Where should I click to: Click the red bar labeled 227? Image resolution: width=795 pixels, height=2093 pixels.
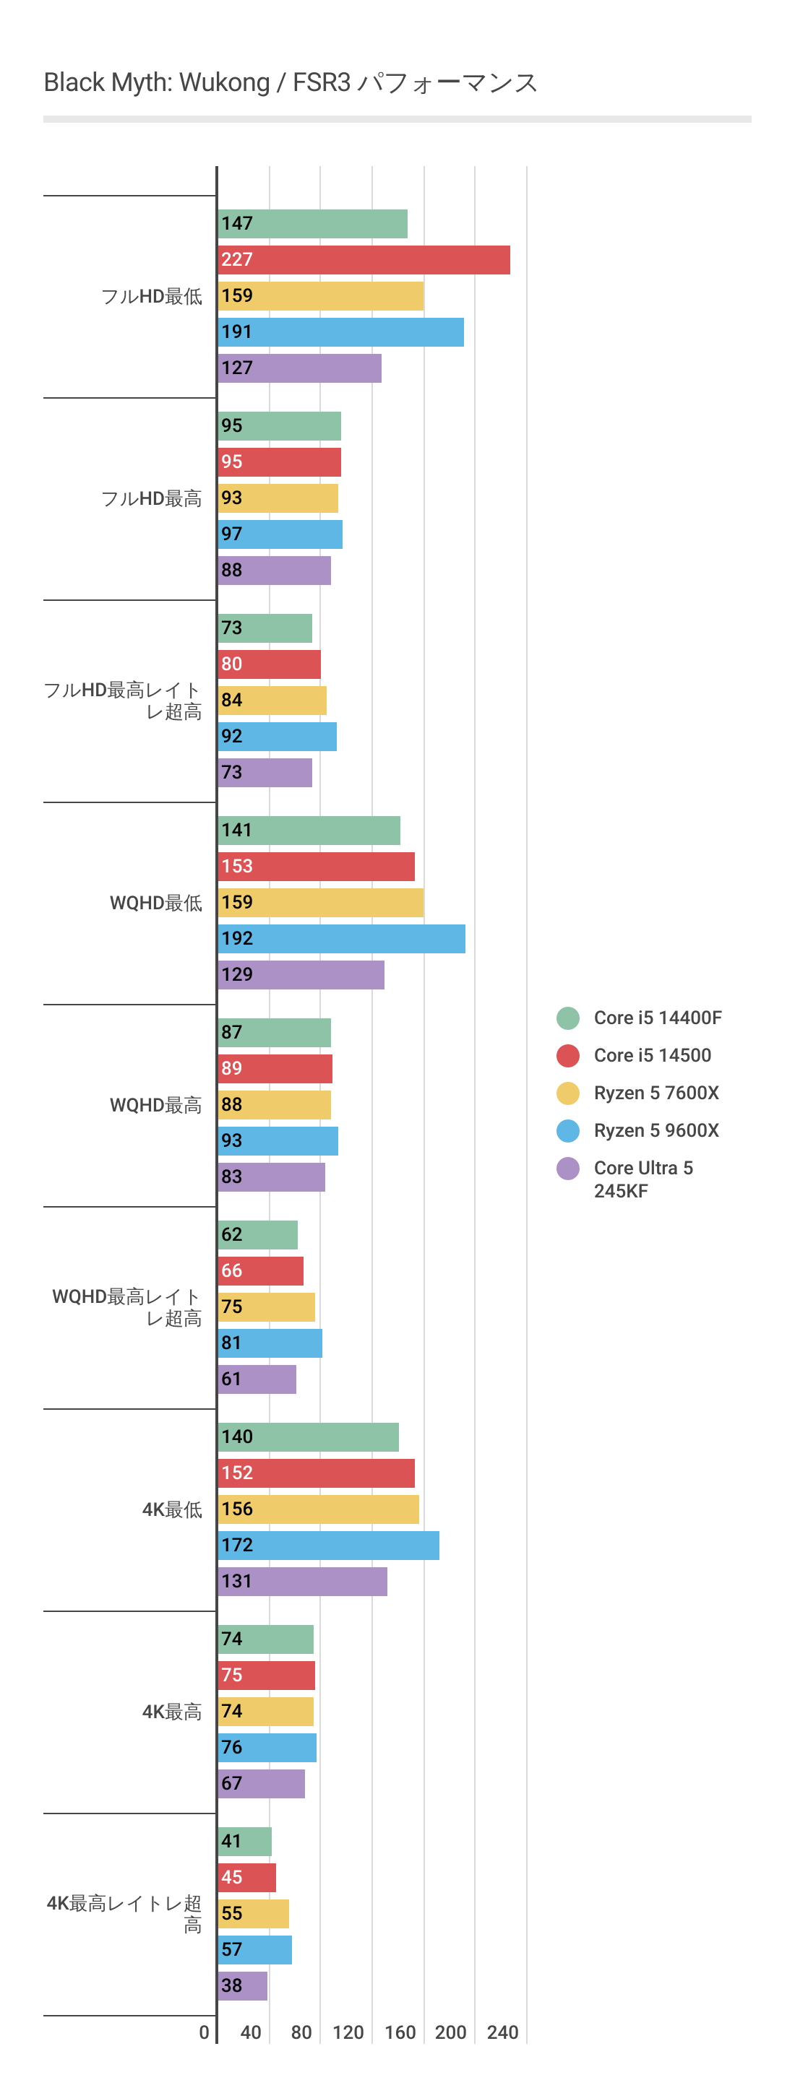pyautogui.click(x=364, y=260)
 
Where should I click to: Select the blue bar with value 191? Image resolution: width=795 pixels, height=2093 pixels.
pyautogui.click(x=341, y=332)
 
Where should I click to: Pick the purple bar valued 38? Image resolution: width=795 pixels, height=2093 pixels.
pyautogui.click(x=243, y=1986)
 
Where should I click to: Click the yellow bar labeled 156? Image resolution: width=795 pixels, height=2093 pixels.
pyautogui.click(x=319, y=1509)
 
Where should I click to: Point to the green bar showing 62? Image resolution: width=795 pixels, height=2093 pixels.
pyautogui.click(x=258, y=1235)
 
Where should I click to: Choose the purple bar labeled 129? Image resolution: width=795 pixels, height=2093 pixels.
pyautogui.click(x=301, y=975)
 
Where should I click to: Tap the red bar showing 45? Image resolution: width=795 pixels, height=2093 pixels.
pyautogui.click(x=247, y=1878)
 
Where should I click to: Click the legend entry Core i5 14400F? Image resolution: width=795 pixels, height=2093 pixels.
pyautogui.click(x=657, y=1018)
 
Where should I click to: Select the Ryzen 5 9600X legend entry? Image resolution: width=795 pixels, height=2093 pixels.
pyautogui.click(x=656, y=1131)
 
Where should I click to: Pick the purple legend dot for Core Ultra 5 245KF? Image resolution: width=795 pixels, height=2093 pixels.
pyautogui.click(x=567, y=1169)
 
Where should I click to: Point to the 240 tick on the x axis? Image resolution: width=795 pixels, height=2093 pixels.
pyautogui.click(x=502, y=2033)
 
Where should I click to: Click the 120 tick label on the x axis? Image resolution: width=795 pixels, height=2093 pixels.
pyautogui.click(x=348, y=2033)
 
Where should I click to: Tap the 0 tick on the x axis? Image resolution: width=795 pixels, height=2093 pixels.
pyautogui.click(x=204, y=2033)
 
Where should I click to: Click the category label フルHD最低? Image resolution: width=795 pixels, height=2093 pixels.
pyautogui.click(x=151, y=297)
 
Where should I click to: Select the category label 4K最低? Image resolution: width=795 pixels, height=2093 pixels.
pyautogui.click(x=171, y=1509)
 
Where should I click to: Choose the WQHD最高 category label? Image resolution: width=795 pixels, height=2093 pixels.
pyautogui.click(x=155, y=1105)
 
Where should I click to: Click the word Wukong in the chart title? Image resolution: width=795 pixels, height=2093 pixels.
pyautogui.click(x=224, y=83)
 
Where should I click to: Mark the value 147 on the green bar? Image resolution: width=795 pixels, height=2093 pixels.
pyautogui.click(x=236, y=223)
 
